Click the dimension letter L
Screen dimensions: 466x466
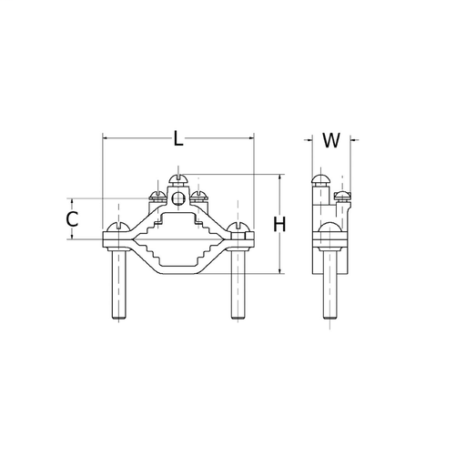tap(178, 138)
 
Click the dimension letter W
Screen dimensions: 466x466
tap(331, 140)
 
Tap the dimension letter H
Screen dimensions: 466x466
tap(279, 225)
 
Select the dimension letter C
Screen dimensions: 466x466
tap(72, 219)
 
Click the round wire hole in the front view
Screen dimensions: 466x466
tap(178, 199)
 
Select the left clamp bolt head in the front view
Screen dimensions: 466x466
tap(118, 227)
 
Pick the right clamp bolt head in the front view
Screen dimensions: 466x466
tap(238, 227)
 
